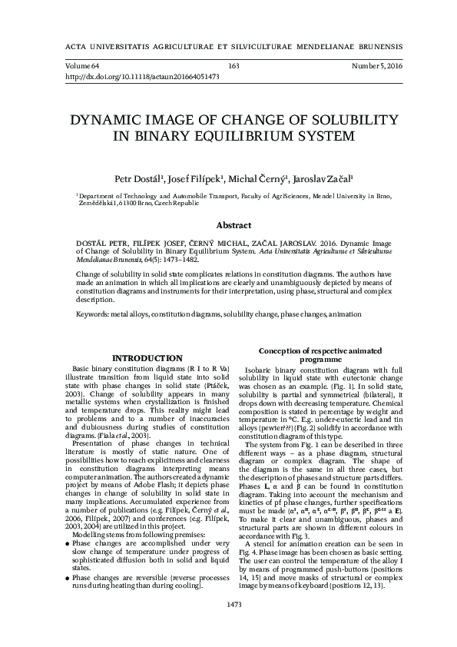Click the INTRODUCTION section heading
pyautogui.click(x=147, y=358)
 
